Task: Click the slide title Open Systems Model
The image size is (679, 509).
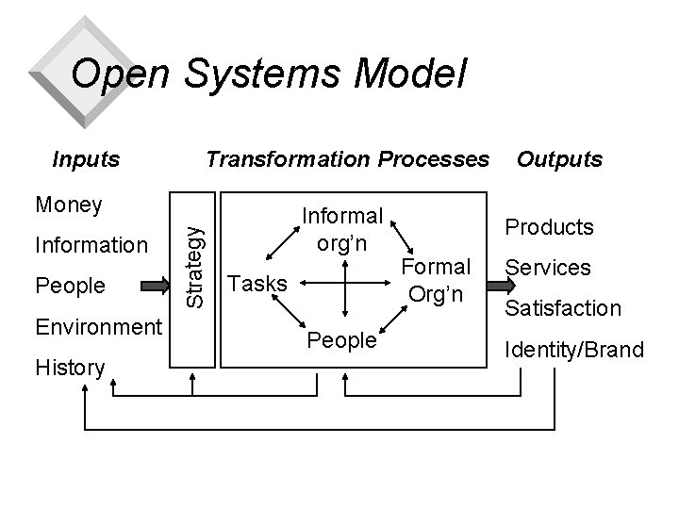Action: point(269,74)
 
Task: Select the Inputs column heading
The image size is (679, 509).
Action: point(86,158)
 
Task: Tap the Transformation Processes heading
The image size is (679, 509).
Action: point(348,158)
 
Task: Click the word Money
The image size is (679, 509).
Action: point(68,205)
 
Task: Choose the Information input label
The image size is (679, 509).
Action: point(91,246)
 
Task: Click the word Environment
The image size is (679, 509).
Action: point(98,327)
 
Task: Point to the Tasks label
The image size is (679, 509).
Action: point(259,282)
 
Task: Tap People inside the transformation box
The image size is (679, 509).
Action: point(342,340)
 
